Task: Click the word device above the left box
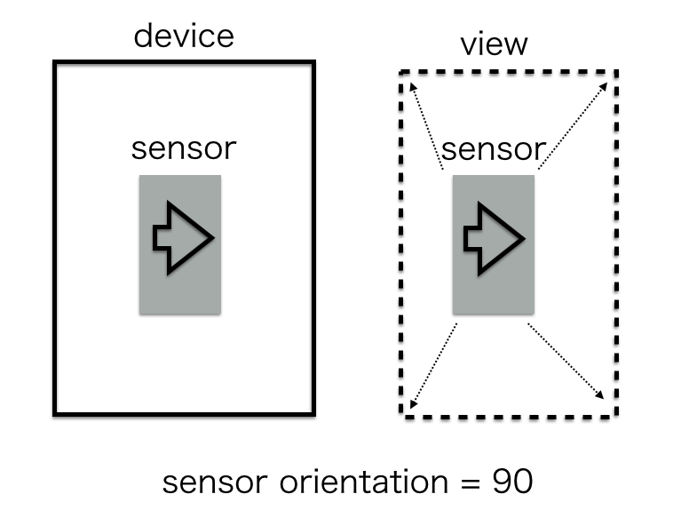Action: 184,36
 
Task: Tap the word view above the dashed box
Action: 493,45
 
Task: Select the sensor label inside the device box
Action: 184,148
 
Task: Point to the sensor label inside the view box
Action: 493,148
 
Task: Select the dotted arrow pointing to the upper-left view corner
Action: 426,124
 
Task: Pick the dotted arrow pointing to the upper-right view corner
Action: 573,124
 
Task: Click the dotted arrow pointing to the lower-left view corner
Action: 434,364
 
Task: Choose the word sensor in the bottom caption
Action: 213,483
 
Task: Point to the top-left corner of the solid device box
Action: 55,63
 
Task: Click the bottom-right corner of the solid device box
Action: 313,413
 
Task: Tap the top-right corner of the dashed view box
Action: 615,73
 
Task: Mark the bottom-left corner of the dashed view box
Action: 401,414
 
